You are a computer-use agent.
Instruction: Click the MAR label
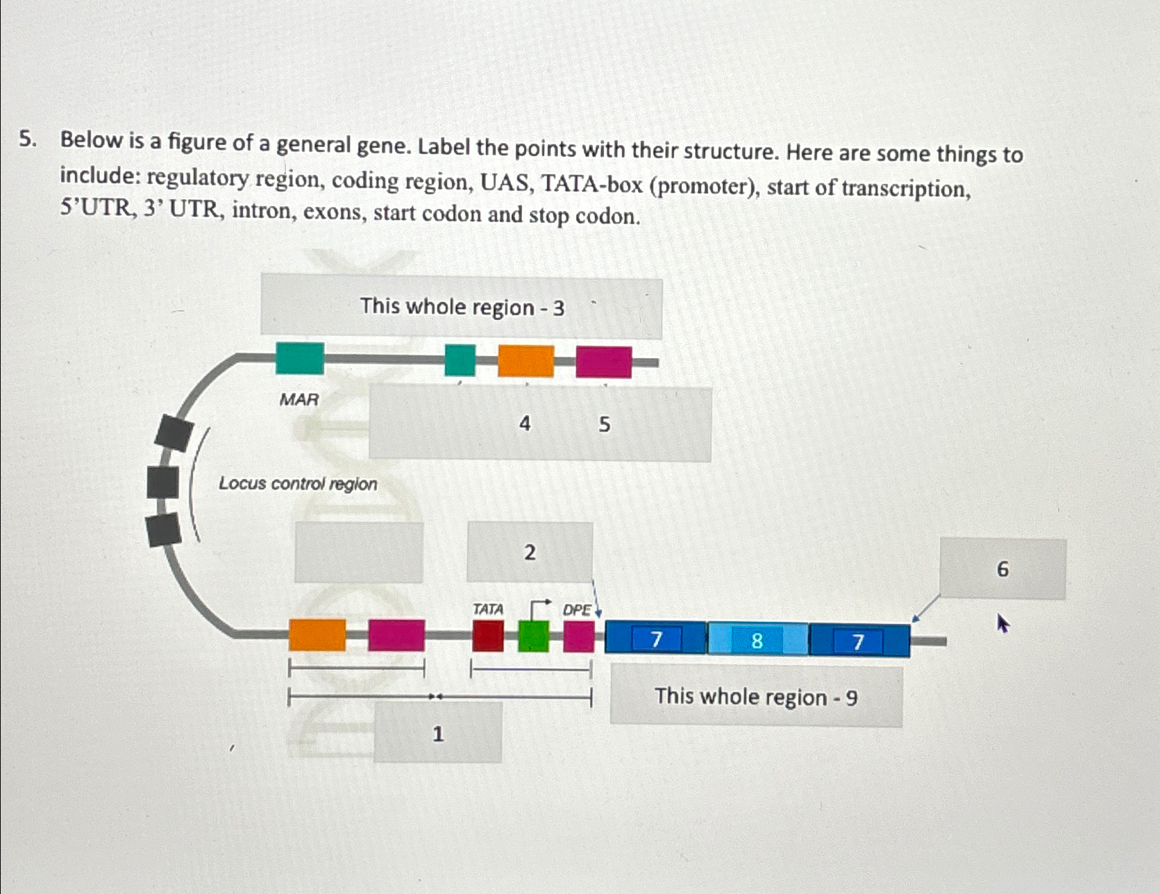click(x=299, y=400)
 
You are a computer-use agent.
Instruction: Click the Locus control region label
click(x=298, y=484)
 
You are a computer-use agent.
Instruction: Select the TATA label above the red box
click(x=487, y=609)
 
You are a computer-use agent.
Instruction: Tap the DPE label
click(x=576, y=610)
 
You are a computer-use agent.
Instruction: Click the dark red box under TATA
click(x=488, y=636)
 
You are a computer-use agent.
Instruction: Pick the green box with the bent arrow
click(x=533, y=636)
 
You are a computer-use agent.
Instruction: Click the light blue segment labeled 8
click(x=757, y=640)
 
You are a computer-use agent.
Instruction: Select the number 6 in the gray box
click(x=1002, y=570)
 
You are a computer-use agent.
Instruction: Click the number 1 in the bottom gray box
click(x=437, y=734)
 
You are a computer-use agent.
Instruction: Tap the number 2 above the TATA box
click(x=530, y=553)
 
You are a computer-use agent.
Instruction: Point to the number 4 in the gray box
click(x=525, y=423)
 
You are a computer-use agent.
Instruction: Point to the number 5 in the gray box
click(x=604, y=424)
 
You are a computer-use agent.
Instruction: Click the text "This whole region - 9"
click(x=756, y=696)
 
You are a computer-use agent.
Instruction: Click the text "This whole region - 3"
click(x=462, y=307)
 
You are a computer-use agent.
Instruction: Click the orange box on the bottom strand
click(x=317, y=635)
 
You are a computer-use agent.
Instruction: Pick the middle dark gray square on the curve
click(x=162, y=482)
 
